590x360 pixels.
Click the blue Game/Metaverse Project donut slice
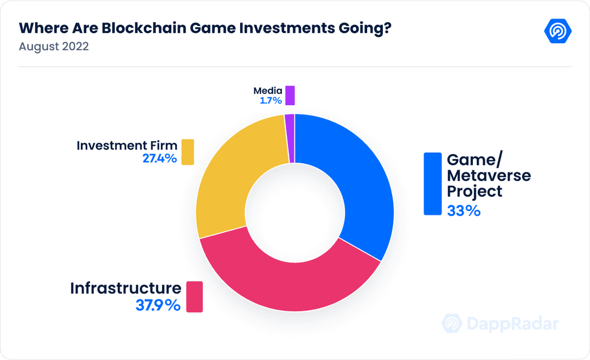click(x=358, y=179)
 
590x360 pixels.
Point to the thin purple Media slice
click(x=290, y=138)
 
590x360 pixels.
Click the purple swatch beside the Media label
click(x=290, y=95)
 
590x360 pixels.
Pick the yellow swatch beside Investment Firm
click(x=188, y=152)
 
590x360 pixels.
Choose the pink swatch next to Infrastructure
click(x=194, y=297)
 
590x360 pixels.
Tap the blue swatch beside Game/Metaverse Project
click(x=433, y=184)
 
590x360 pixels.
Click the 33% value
click(x=464, y=210)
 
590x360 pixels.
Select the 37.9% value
click(x=157, y=305)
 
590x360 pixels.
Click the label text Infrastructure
click(x=125, y=288)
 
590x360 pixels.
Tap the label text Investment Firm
click(x=127, y=145)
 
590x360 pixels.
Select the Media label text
click(x=267, y=91)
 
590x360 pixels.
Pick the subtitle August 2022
click(x=54, y=47)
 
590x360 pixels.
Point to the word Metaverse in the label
click(x=489, y=176)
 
